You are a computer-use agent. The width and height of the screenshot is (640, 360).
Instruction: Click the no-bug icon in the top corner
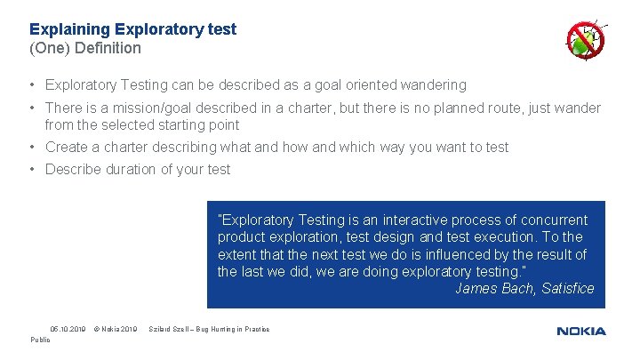(586, 41)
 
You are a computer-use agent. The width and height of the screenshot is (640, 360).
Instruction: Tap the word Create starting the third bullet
(68, 148)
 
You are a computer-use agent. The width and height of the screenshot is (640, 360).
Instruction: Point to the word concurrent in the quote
(555, 220)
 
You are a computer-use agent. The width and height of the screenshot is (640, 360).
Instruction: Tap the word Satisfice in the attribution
(567, 288)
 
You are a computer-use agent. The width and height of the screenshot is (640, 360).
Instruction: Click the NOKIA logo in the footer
(581, 331)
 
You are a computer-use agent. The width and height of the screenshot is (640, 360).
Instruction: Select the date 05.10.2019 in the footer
(68, 330)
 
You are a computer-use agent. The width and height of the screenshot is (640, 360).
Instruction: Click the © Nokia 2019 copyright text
(116, 330)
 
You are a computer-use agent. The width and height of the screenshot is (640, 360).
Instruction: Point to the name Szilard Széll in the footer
(170, 330)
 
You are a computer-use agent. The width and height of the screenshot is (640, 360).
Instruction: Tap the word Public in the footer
(41, 340)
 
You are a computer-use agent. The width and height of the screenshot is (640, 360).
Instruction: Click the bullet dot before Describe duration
(31, 169)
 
